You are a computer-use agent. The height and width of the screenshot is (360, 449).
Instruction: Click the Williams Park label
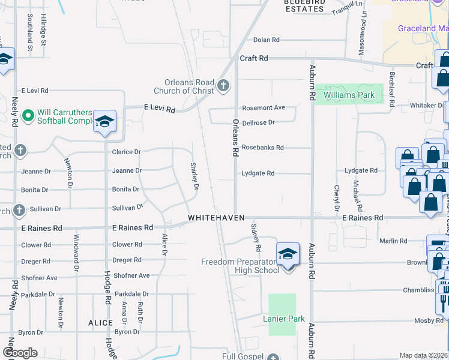click(349, 95)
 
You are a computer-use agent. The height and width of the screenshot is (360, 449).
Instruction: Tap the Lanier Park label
click(283, 319)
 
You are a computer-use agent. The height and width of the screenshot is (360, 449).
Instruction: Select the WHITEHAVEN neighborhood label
click(216, 217)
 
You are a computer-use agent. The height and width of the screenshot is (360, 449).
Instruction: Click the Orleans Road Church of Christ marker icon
click(223, 85)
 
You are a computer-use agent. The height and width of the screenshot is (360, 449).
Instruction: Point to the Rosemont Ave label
click(263, 108)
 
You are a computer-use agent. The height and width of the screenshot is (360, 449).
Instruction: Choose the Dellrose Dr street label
click(258, 122)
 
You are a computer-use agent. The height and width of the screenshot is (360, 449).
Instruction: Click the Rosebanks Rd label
click(262, 148)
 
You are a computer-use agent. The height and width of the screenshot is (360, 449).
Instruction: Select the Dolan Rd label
click(267, 40)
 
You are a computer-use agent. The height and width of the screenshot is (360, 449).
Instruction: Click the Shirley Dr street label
click(194, 176)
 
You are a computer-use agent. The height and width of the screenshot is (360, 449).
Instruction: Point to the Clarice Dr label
click(126, 152)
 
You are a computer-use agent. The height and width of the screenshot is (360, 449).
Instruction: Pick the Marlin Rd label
click(393, 241)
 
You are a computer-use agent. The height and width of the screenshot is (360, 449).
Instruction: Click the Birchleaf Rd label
click(392, 89)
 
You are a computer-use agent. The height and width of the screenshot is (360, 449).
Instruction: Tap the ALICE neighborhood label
click(100, 323)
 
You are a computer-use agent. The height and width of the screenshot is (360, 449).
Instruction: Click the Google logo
click(20, 353)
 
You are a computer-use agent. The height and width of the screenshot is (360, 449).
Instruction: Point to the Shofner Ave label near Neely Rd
click(40, 278)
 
